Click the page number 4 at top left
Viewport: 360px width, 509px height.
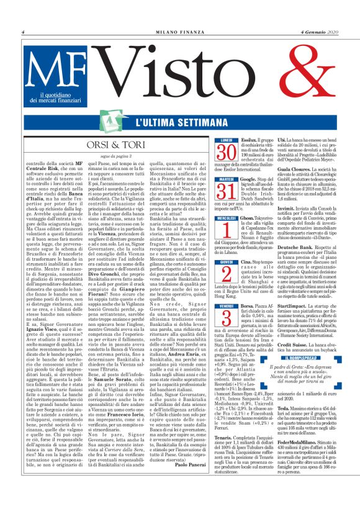click(22, 32)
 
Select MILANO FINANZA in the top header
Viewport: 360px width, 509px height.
click(179, 32)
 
